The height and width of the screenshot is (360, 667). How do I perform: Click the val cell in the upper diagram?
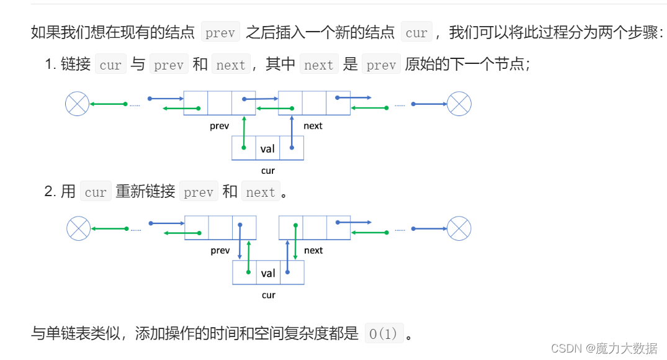coord(267,148)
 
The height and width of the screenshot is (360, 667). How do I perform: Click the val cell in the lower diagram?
coord(268,273)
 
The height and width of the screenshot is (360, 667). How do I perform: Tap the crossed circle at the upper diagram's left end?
coord(77,103)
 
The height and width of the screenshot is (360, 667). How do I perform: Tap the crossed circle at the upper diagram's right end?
coord(459,104)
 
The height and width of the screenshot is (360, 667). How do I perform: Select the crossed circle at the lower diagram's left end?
coord(78,228)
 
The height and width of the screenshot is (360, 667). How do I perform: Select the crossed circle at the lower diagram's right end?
coord(459,228)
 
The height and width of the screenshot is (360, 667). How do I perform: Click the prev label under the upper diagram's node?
coord(219,126)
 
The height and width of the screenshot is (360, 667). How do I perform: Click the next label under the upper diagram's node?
coord(313,126)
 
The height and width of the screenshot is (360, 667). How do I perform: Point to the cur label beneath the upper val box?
coord(267,171)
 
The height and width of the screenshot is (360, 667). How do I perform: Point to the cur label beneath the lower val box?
coord(268,295)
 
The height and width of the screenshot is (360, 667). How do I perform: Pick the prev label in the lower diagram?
coord(220,251)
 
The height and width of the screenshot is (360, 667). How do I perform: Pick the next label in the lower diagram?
coord(313,251)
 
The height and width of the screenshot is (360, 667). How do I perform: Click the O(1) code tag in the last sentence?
coord(383,333)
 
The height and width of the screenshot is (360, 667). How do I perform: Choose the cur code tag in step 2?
coord(96,192)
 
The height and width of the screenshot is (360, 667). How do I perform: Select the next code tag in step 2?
coord(261,192)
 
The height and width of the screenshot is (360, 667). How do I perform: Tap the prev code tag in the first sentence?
coord(220,32)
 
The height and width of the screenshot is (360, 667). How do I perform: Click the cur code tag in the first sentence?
coord(416,32)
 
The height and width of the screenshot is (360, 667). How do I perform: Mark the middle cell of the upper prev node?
coord(219,103)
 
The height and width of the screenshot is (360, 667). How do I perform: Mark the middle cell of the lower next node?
coord(314,228)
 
